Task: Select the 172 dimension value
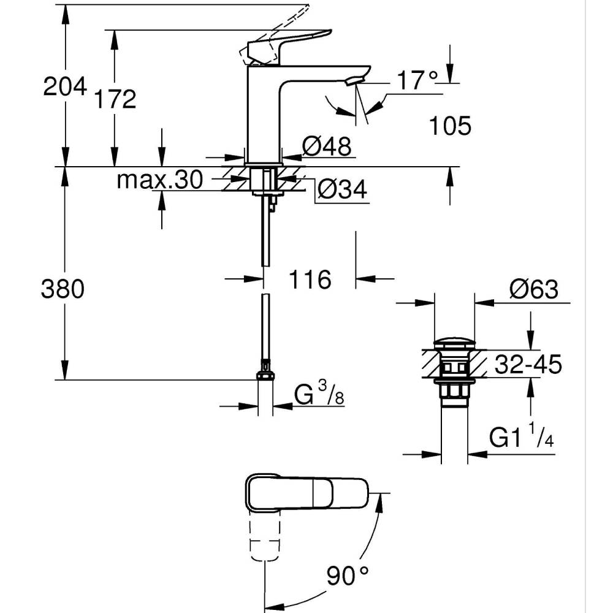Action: [x=115, y=98]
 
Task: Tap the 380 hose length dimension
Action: [x=62, y=288]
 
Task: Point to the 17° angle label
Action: [x=417, y=80]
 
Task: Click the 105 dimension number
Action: [x=449, y=126]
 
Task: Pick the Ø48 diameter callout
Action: [x=327, y=147]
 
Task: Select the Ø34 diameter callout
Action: [x=341, y=191]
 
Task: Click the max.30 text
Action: [x=159, y=180]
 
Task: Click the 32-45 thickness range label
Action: [x=528, y=365]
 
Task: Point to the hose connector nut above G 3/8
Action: [x=265, y=375]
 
